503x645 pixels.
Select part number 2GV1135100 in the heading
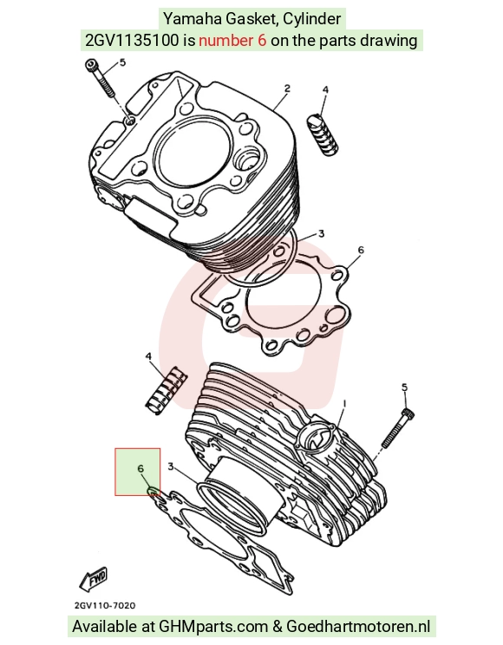point(132,40)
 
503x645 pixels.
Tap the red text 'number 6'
point(232,40)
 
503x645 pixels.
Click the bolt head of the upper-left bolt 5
point(90,65)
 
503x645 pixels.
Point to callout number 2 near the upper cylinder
point(287,88)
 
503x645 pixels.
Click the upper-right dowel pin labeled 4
point(323,135)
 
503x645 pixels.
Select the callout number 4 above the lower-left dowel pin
point(148,356)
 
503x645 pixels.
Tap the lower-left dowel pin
point(167,390)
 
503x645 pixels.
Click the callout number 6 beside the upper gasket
point(361,250)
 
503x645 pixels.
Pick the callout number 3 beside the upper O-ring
point(321,234)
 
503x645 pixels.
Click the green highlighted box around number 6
point(138,472)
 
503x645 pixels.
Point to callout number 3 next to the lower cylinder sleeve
point(171,466)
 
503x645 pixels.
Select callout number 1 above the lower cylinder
point(344,404)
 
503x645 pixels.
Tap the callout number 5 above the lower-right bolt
point(404,388)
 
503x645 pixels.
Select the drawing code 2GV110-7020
point(105,605)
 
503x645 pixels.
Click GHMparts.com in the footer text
point(213,627)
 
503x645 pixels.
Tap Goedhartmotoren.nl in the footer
point(358,627)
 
